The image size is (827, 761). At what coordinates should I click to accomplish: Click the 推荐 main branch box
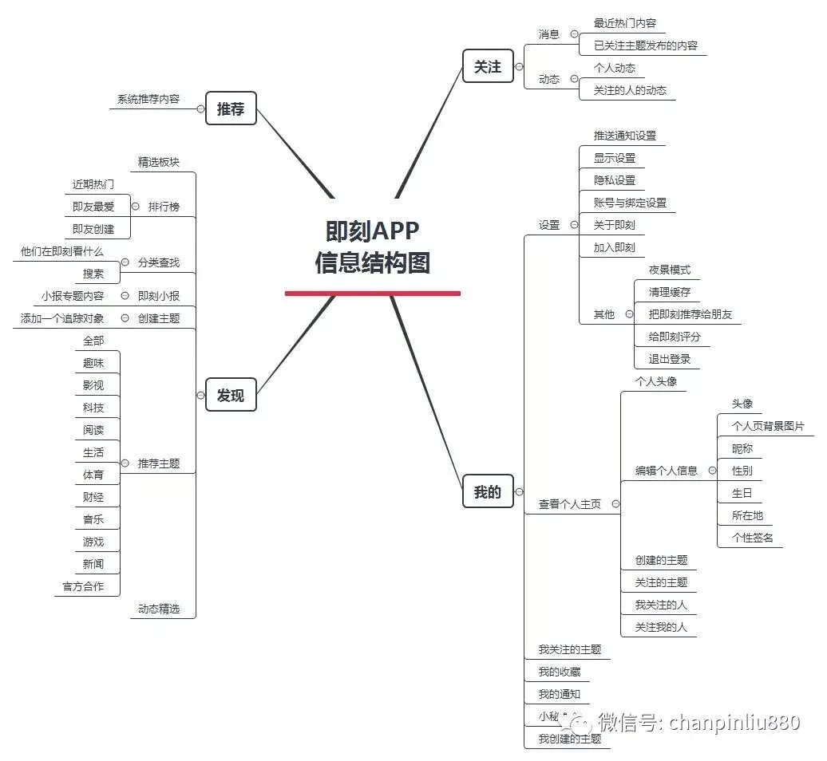pyautogui.click(x=231, y=108)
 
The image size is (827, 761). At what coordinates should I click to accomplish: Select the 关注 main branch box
pyautogui.click(x=488, y=66)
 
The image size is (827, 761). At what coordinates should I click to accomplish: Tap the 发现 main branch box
pyautogui.click(x=231, y=394)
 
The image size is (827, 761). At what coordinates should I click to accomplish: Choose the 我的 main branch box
pyautogui.click(x=488, y=491)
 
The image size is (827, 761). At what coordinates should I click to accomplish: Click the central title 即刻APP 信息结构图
pyautogui.click(x=372, y=246)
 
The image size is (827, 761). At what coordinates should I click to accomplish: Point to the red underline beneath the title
pyautogui.click(x=372, y=293)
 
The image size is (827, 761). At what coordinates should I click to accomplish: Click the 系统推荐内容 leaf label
pyautogui.click(x=148, y=99)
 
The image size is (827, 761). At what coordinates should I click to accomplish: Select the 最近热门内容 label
pyautogui.click(x=624, y=23)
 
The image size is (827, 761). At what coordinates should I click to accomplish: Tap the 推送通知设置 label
pyautogui.click(x=624, y=136)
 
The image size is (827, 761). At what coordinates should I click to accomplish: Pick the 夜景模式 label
pyautogui.click(x=669, y=270)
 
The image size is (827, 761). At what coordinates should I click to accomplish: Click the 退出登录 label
pyautogui.click(x=669, y=359)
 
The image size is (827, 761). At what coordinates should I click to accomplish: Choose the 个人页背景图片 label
pyautogui.click(x=768, y=426)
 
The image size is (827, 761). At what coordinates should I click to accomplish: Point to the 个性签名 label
pyautogui.click(x=752, y=538)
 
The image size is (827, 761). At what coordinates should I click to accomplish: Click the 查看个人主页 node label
pyautogui.click(x=569, y=504)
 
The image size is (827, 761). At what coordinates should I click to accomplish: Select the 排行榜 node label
pyautogui.click(x=164, y=207)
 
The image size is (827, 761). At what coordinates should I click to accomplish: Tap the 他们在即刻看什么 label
pyautogui.click(x=62, y=251)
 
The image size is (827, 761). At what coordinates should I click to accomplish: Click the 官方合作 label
pyautogui.click(x=83, y=586)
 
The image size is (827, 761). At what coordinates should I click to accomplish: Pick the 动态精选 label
pyautogui.click(x=158, y=609)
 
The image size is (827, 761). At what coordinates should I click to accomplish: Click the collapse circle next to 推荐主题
pyautogui.click(x=125, y=463)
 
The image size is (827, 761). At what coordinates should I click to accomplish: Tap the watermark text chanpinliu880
pyautogui.click(x=734, y=723)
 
